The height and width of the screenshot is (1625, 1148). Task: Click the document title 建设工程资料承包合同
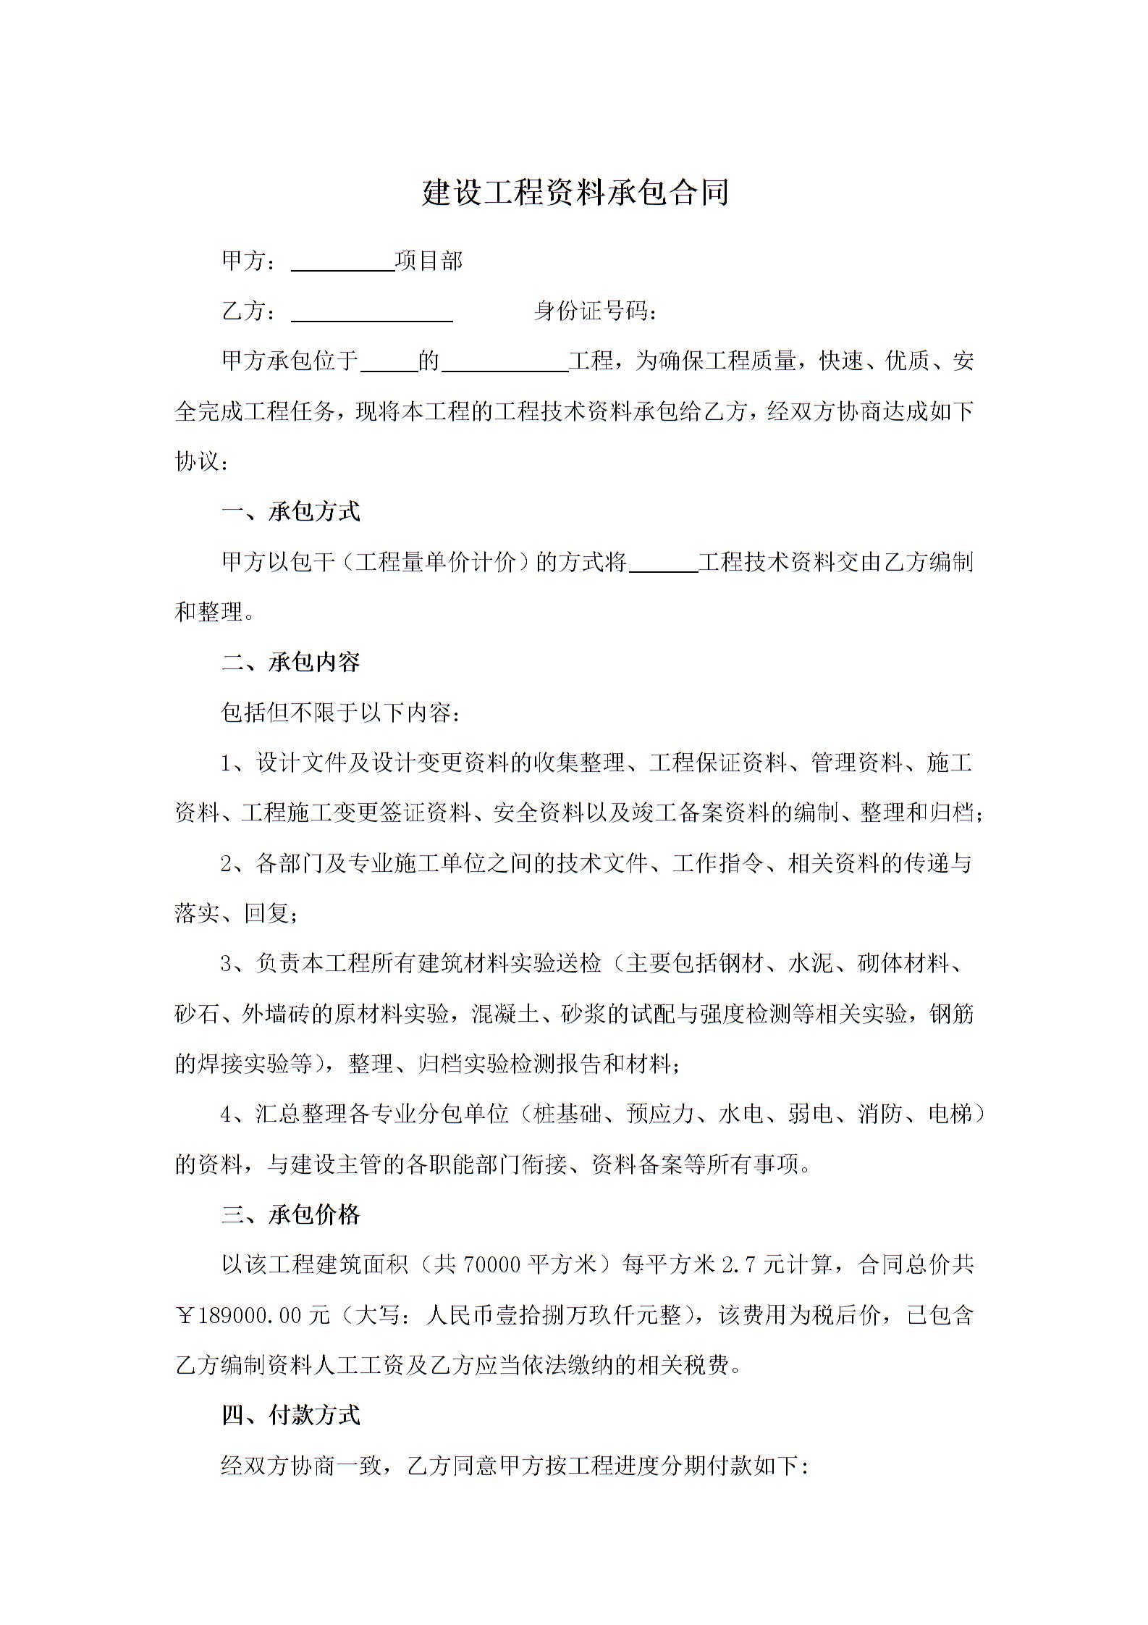coord(575,193)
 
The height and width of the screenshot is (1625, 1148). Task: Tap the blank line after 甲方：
coord(343,263)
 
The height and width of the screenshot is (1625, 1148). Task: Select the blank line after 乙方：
coord(371,313)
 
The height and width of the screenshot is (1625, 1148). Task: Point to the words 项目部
coord(429,261)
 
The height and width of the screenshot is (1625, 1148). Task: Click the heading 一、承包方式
coord(291,512)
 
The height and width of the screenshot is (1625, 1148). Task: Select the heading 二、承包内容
coord(291,662)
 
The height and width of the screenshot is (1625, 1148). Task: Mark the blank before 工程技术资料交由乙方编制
coord(663,563)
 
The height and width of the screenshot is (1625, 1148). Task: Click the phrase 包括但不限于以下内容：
coord(340,713)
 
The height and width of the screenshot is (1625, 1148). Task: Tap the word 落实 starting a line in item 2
coord(197,913)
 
